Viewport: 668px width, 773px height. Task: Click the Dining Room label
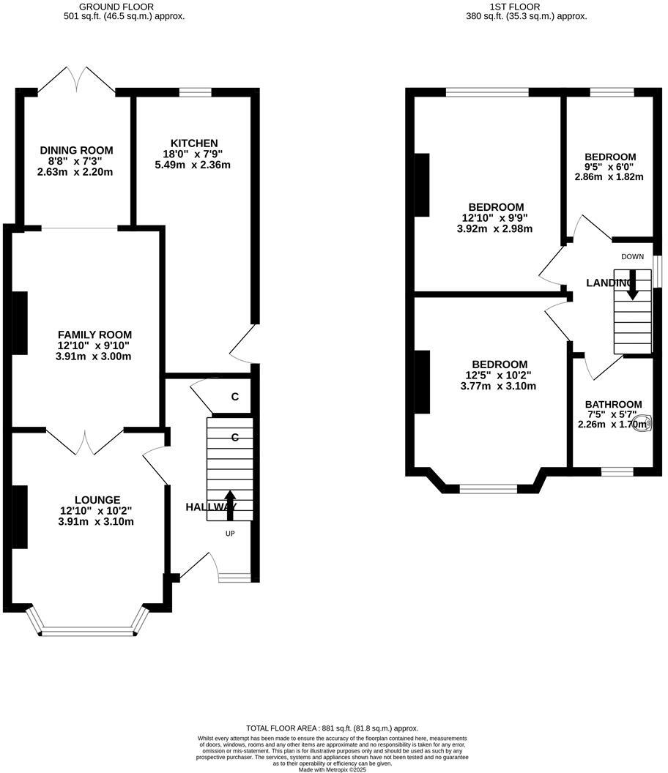tap(76, 150)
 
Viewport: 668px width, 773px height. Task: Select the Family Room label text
tap(88, 334)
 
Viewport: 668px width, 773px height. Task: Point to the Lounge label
tap(92, 500)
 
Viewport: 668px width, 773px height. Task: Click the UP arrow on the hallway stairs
tap(230, 505)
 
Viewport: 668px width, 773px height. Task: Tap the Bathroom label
tap(613, 404)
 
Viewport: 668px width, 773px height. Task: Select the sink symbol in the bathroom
tap(642, 423)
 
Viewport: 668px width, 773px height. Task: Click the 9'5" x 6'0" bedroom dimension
tap(610, 166)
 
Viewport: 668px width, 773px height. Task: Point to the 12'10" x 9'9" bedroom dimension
tap(494, 217)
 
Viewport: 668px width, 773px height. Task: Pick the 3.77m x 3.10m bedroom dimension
tap(498, 386)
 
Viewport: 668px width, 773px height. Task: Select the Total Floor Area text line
tap(332, 728)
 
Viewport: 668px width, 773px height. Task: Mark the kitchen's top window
tap(195, 92)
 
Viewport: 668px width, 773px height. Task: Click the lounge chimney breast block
tap(20, 516)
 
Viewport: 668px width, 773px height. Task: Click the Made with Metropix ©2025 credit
tap(332, 769)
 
